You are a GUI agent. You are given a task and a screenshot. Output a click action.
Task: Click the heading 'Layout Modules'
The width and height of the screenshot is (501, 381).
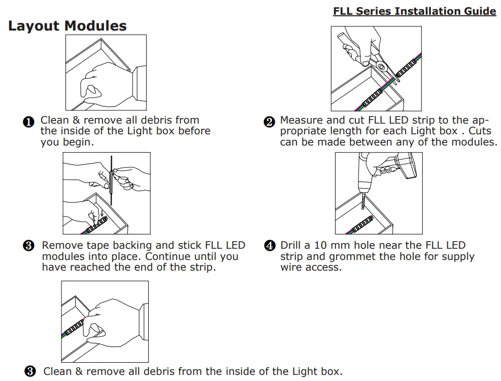(68, 26)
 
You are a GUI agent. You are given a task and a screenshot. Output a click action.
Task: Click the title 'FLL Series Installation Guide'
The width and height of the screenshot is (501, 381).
(414, 11)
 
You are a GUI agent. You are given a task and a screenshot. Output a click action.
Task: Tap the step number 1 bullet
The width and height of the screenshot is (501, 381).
(29, 122)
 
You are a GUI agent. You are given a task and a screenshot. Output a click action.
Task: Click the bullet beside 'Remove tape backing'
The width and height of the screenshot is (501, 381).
(29, 246)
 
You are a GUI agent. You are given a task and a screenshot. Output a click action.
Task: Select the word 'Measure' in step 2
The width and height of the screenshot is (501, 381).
(302, 120)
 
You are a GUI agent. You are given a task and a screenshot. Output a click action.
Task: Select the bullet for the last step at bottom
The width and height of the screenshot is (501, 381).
(30, 371)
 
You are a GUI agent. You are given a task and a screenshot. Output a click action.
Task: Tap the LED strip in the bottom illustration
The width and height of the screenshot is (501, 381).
(74, 326)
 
